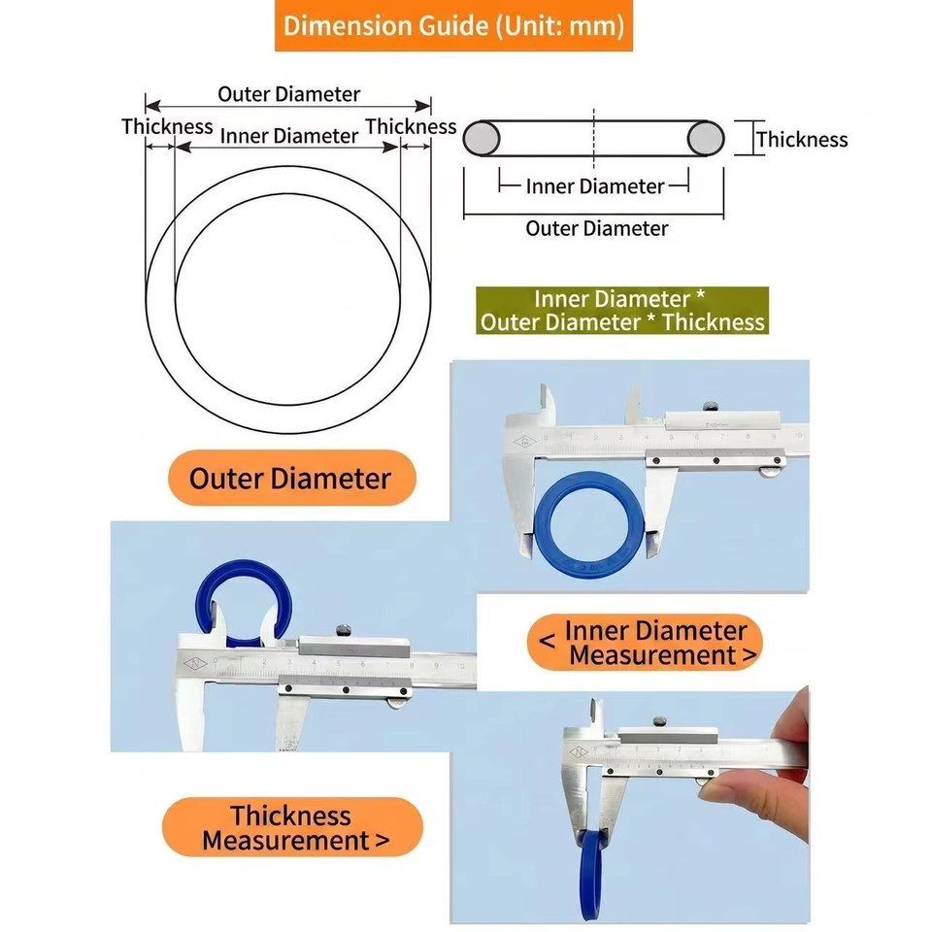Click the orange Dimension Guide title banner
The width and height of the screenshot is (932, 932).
(x=453, y=25)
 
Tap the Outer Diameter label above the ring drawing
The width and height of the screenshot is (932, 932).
(x=289, y=94)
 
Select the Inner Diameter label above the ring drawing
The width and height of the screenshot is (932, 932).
(x=289, y=136)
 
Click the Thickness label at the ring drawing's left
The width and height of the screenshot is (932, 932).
(x=167, y=126)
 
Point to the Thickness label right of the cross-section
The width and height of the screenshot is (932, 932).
(x=802, y=140)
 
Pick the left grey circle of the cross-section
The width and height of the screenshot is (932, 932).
(x=482, y=139)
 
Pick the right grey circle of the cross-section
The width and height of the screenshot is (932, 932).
(x=706, y=139)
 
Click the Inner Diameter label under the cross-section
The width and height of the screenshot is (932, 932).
(x=594, y=186)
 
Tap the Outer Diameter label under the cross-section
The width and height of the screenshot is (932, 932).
(x=597, y=228)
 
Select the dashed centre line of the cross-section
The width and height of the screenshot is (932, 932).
(x=594, y=139)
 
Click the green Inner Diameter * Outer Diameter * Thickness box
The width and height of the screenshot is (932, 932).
(x=622, y=311)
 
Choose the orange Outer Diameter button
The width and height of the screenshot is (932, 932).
(x=292, y=478)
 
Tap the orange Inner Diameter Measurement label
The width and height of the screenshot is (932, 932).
(x=645, y=643)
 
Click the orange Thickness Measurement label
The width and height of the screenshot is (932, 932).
(x=292, y=827)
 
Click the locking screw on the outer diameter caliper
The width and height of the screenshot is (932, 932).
(x=711, y=407)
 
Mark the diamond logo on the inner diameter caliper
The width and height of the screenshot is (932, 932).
(x=195, y=663)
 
